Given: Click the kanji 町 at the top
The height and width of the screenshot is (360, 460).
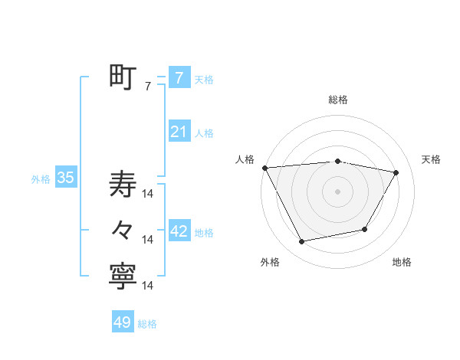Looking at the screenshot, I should click(x=123, y=77).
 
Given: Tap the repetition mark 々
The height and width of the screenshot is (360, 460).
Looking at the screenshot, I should click(x=123, y=230).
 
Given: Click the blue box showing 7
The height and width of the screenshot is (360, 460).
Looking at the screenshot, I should click(x=179, y=77).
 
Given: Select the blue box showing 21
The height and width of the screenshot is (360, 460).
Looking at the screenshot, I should click(x=179, y=132).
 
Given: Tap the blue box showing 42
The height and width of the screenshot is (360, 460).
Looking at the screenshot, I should click(x=179, y=231).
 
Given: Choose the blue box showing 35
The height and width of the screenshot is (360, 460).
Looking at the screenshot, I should click(x=66, y=178).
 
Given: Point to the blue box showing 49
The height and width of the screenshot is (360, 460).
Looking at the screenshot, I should click(x=123, y=322).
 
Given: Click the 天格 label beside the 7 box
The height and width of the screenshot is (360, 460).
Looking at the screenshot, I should click(x=204, y=79).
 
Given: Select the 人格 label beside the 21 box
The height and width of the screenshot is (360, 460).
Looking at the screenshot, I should click(x=204, y=133).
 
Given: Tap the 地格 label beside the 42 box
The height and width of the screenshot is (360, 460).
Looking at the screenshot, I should click(x=205, y=233).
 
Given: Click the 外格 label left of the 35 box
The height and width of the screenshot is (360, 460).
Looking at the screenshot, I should click(x=41, y=179).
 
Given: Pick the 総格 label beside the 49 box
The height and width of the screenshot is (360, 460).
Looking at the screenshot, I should click(x=147, y=324).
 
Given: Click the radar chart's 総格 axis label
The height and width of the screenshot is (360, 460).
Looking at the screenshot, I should click(x=338, y=100).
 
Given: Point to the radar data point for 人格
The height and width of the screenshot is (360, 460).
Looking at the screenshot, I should click(x=264, y=167).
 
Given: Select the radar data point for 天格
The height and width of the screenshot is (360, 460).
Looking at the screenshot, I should click(x=396, y=172).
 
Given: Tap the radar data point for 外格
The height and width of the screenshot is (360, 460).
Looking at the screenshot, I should click(x=302, y=242).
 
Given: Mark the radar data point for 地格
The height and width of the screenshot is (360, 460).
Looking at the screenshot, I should click(x=365, y=229).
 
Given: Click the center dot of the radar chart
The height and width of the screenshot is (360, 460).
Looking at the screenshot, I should click(x=338, y=191).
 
